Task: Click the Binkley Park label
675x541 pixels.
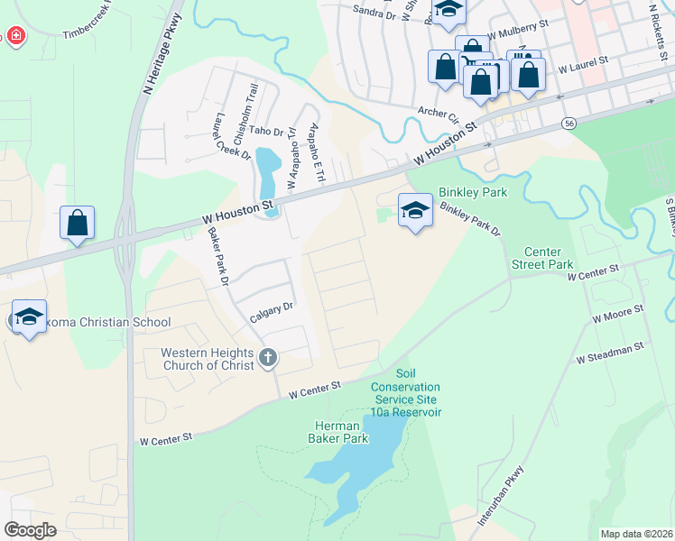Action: tap(473, 193)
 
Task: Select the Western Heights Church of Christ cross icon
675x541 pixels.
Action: tap(266, 358)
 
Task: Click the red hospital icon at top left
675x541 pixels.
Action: tap(15, 36)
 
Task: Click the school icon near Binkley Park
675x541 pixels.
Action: tap(414, 211)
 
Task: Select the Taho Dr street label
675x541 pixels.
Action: tap(266, 132)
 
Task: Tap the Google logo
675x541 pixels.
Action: tap(30, 530)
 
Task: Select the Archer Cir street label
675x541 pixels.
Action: tap(439, 115)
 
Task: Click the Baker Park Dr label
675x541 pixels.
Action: tap(221, 258)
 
